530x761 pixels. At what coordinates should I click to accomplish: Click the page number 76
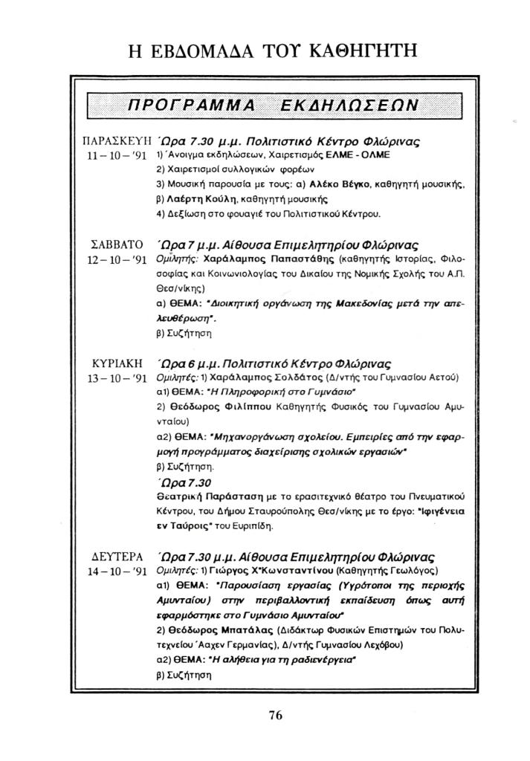[276, 716]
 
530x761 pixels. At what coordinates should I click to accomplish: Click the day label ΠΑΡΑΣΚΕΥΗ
[114, 140]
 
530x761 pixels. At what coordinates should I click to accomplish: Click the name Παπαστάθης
[302, 261]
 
